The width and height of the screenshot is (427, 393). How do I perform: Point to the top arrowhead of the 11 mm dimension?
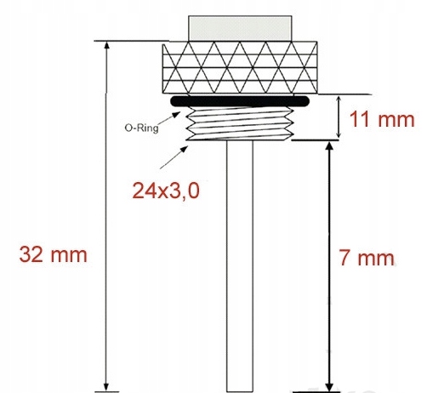tap(339, 98)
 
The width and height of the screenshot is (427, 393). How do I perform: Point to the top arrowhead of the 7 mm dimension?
tap(327, 146)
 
